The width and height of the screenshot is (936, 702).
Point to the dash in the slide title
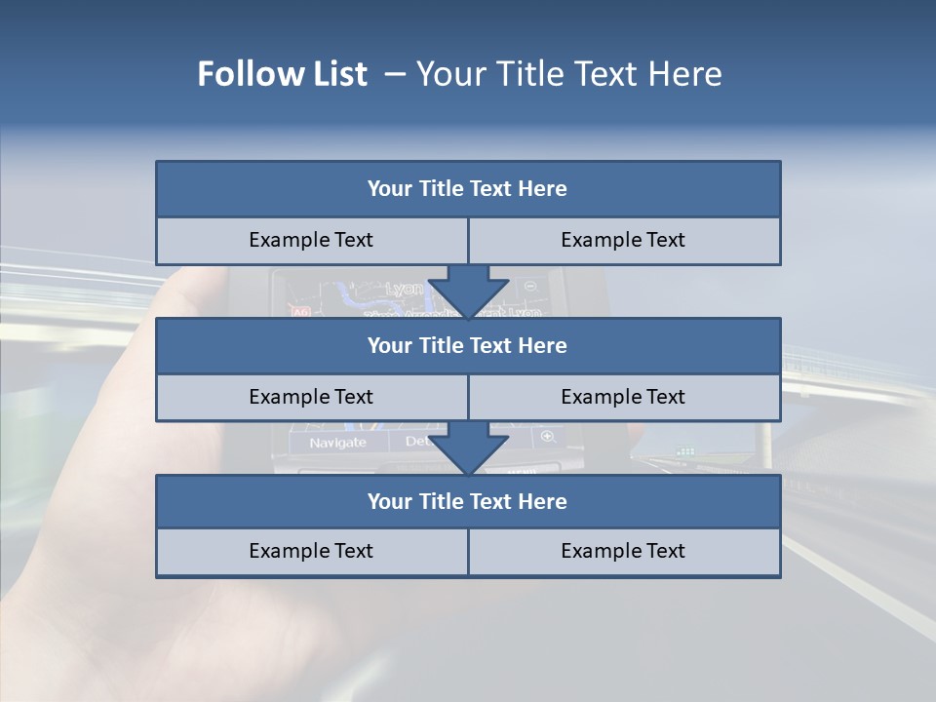click(395, 74)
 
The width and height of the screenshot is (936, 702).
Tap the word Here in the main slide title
click(685, 74)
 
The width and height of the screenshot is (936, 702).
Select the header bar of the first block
click(467, 189)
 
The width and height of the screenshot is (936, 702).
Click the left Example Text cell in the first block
click(311, 240)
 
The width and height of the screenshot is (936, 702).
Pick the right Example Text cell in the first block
click(623, 240)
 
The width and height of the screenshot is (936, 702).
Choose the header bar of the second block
click(467, 345)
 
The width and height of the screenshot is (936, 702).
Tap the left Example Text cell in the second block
click(311, 397)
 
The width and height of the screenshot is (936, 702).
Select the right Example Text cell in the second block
click(623, 397)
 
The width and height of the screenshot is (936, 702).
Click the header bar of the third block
click(467, 501)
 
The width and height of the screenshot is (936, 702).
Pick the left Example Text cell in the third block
click(311, 551)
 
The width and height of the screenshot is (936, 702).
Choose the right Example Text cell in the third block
click(623, 551)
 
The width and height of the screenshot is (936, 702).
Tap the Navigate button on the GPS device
click(337, 443)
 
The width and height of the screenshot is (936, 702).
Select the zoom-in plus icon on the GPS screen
click(547, 437)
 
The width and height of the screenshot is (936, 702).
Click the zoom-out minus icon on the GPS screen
click(530, 287)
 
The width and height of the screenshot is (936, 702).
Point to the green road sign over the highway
click(685, 451)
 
